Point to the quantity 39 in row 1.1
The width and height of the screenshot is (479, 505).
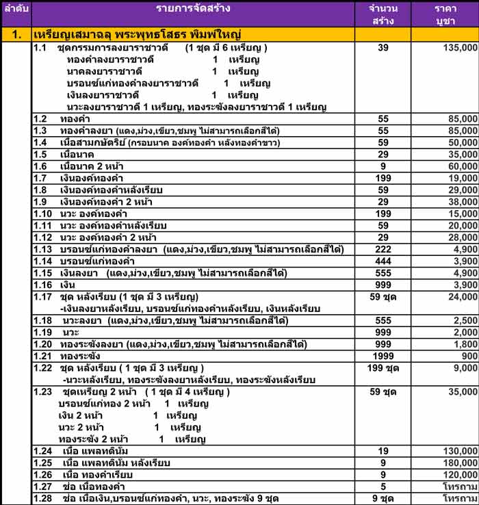383,49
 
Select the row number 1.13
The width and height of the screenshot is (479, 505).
43,249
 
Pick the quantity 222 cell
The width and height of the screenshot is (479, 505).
383,249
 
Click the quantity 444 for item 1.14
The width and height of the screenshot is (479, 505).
383,261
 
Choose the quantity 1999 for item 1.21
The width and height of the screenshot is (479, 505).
383,356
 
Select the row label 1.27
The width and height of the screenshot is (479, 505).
43,487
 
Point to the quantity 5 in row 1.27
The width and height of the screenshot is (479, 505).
383,487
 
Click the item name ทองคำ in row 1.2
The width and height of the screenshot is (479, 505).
75,119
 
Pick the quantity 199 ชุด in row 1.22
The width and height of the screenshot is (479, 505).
383,367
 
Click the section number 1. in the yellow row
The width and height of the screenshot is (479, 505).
16,34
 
